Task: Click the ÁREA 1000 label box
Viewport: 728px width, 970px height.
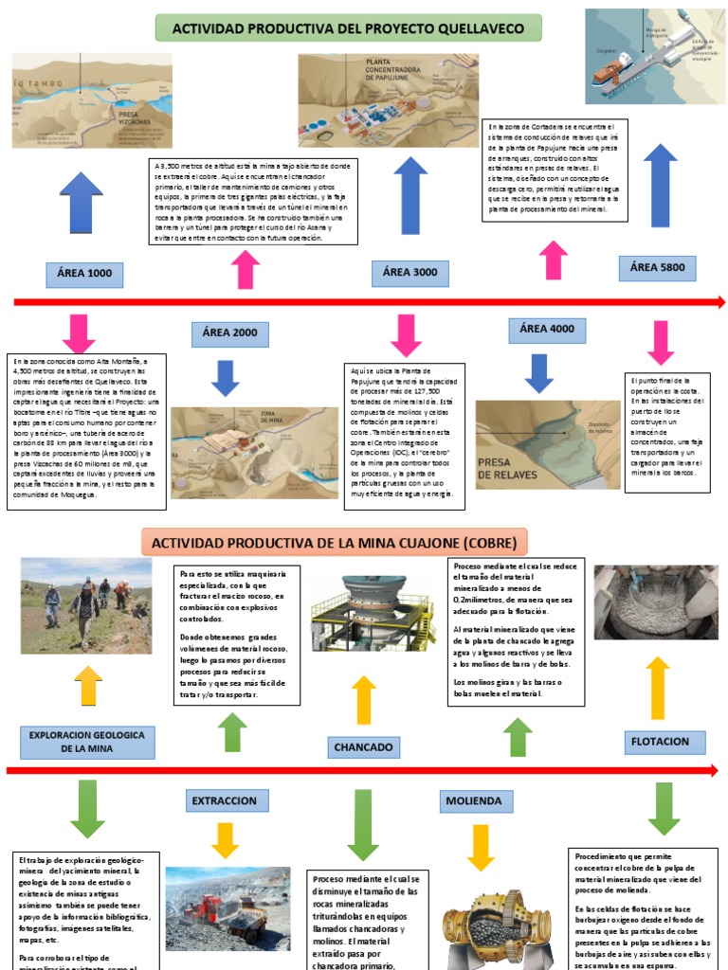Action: tap(84, 274)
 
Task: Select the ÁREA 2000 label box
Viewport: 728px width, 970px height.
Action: tap(230, 333)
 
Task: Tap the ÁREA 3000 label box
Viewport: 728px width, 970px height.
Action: tap(409, 273)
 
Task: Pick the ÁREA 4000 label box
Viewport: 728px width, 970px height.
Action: tap(547, 329)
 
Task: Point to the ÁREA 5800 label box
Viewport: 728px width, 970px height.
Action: tap(657, 268)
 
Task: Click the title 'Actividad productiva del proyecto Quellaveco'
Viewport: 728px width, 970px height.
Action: tap(348, 29)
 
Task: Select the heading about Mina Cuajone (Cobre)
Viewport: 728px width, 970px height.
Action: tap(334, 543)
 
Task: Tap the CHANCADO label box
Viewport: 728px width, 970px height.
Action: tap(363, 747)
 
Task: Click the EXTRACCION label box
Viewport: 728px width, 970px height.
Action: tap(224, 801)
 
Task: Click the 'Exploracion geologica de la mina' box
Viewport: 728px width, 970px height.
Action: tap(86, 742)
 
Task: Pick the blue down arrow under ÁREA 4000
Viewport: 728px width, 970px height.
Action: tap(539, 372)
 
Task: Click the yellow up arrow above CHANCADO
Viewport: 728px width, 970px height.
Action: tap(364, 700)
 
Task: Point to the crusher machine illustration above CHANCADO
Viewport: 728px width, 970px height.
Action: tap(361, 613)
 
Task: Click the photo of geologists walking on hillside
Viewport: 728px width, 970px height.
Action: tap(85, 605)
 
